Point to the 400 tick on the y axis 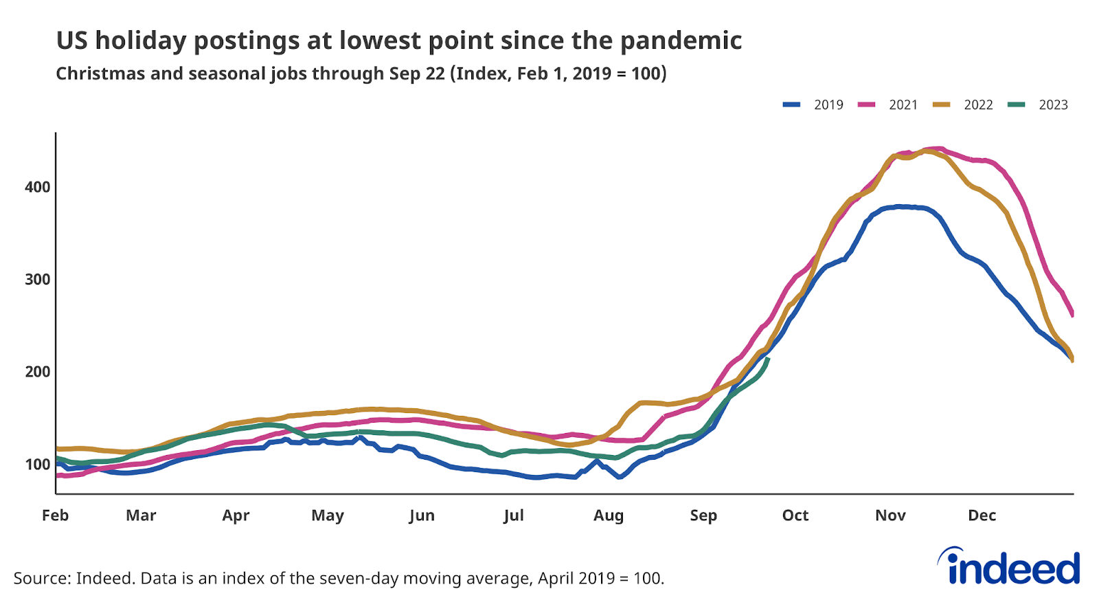[37, 187]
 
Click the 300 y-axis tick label [37, 279]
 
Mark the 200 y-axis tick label [37, 372]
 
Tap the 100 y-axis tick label [37, 464]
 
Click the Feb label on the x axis [55, 515]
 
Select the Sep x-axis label [703, 515]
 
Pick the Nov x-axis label [890, 515]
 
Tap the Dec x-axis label [982, 515]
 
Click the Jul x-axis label [513, 515]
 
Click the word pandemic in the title [681, 41]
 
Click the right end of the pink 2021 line [1072, 315]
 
